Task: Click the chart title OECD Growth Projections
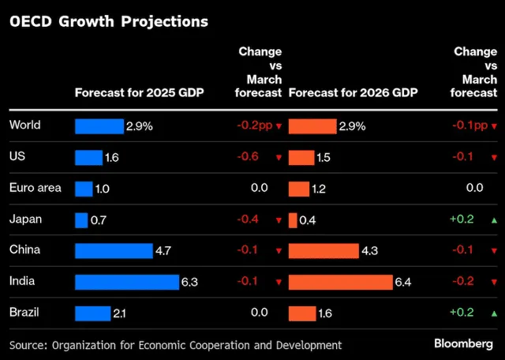click(108, 22)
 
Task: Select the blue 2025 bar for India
click(127, 283)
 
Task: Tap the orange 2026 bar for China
click(324, 251)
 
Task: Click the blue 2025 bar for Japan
click(81, 220)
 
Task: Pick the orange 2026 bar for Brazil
click(301, 313)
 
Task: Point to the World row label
click(24, 125)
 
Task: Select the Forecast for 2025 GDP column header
click(139, 93)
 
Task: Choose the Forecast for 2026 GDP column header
click(353, 93)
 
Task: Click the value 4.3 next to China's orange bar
click(370, 251)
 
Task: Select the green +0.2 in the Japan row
click(462, 219)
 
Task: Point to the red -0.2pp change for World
click(254, 126)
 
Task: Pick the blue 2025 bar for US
click(89, 157)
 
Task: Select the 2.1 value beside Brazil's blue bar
click(120, 314)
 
